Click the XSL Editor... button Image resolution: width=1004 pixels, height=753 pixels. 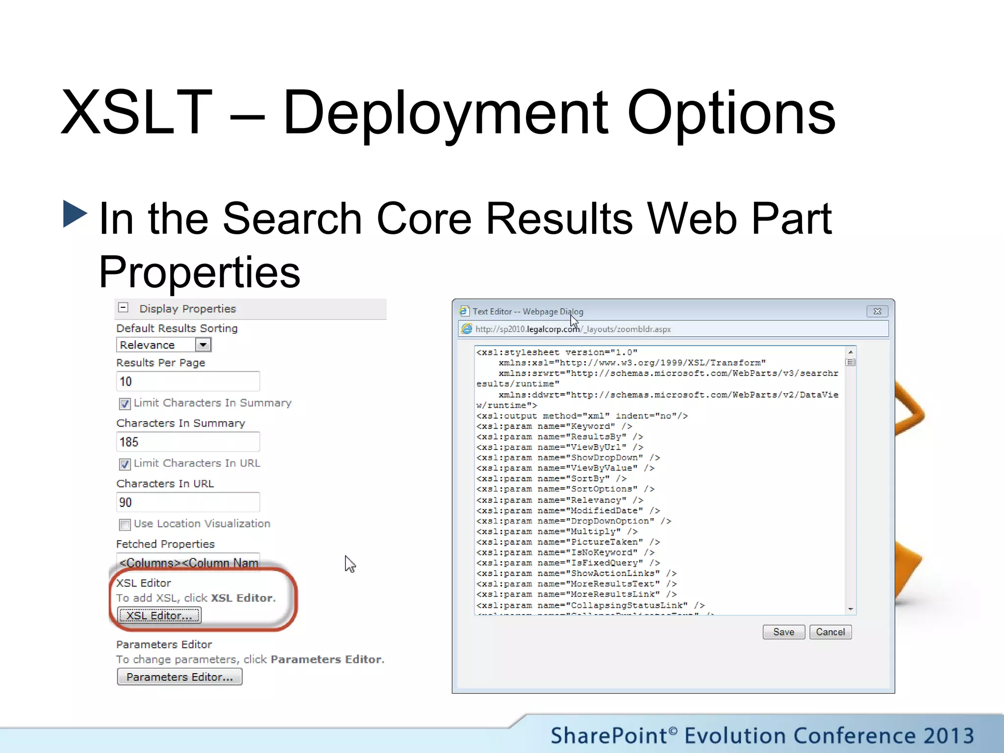[x=159, y=615]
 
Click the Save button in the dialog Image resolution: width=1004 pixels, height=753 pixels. [x=783, y=632]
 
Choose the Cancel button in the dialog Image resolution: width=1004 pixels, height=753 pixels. [x=830, y=632]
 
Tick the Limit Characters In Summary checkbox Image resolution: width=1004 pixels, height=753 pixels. [x=125, y=403]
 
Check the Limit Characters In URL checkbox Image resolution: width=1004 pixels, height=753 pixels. [x=125, y=464]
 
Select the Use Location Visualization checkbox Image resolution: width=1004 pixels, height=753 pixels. [x=125, y=525]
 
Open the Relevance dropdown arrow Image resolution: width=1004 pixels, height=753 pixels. [x=203, y=345]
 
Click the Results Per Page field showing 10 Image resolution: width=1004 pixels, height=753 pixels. [x=188, y=381]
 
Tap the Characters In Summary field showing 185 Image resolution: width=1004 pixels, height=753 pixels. [x=188, y=442]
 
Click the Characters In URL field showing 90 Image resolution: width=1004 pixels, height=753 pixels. [x=188, y=502]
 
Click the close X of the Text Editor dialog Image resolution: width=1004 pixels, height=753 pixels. [x=877, y=311]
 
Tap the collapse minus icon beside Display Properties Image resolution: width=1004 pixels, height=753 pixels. [x=124, y=308]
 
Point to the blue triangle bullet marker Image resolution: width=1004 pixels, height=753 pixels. [x=75, y=214]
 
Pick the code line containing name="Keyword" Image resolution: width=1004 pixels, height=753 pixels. [x=554, y=426]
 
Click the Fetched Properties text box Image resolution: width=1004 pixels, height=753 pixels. [x=188, y=562]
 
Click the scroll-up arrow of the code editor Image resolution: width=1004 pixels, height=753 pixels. [x=851, y=352]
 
